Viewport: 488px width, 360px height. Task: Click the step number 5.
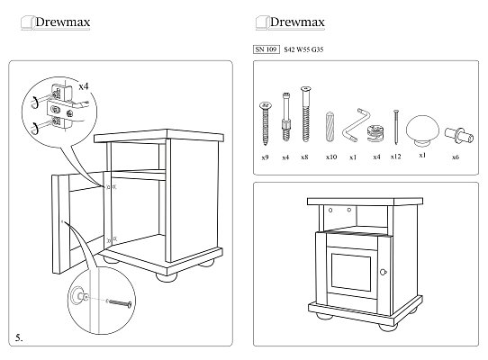tap(19, 337)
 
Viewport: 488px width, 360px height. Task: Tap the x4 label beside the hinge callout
tap(84, 86)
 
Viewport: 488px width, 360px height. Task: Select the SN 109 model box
tap(267, 49)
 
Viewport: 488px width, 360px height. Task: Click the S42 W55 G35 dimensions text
tap(303, 49)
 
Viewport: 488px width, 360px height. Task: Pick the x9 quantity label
tap(265, 157)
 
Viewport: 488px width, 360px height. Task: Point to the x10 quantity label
tap(331, 157)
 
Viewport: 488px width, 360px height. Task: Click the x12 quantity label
tap(395, 157)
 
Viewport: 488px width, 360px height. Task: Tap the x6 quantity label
tap(456, 157)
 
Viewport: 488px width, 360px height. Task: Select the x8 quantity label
tap(304, 157)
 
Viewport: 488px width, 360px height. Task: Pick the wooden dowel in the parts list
tap(330, 127)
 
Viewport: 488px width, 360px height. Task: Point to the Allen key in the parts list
tap(356, 125)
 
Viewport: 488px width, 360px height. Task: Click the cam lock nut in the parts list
tap(376, 133)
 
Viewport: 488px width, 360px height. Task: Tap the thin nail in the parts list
tap(396, 127)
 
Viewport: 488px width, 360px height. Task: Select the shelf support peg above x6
tap(459, 135)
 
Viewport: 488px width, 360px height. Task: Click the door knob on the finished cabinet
tap(384, 273)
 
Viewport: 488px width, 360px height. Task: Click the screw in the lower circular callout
tap(120, 302)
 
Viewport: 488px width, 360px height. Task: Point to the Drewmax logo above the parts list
tap(290, 22)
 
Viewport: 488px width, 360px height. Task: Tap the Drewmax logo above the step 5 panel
tap(56, 22)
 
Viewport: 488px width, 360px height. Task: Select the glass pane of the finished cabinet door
tap(351, 272)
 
